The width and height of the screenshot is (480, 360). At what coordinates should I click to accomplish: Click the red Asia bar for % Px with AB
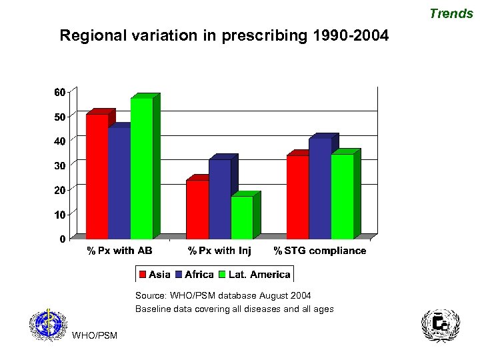coord(97,177)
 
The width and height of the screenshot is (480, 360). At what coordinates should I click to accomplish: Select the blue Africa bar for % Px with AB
coord(119,183)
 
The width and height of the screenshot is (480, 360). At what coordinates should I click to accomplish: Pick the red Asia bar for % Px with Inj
coord(197,209)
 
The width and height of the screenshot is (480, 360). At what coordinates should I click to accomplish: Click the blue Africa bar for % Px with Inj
coord(219,199)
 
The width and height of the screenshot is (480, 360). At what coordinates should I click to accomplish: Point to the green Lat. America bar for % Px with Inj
coord(241,217)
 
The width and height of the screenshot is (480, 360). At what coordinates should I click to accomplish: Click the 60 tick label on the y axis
coord(59,92)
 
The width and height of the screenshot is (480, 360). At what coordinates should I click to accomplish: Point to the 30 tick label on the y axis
coord(59,165)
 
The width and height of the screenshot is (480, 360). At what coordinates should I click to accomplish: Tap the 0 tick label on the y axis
coord(62,239)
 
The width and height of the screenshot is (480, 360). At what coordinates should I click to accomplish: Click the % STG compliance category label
coord(320,251)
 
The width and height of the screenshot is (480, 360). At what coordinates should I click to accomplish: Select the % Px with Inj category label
coord(219,251)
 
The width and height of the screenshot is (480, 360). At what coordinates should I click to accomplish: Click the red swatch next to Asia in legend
coord(142,274)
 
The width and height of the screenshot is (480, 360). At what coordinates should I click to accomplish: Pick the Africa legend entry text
coord(199,274)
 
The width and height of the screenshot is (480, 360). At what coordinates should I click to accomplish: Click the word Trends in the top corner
coord(451,13)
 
